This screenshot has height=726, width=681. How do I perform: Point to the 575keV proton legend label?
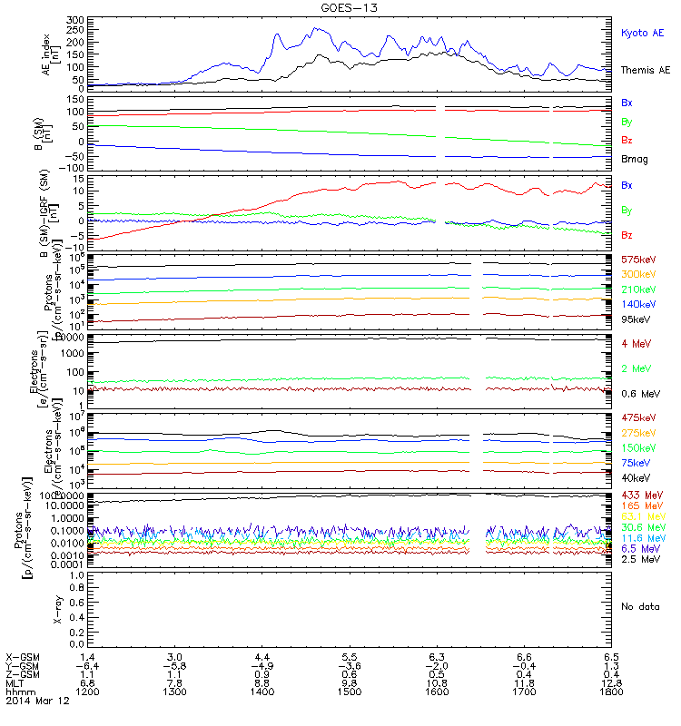[x=638, y=260]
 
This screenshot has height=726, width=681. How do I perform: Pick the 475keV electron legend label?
[x=638, y=417]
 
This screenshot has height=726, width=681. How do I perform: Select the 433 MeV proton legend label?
[x=640, y=495]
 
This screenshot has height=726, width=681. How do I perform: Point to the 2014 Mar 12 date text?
[x=33, y=701]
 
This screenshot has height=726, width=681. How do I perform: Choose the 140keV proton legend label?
[x=638, y=304]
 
